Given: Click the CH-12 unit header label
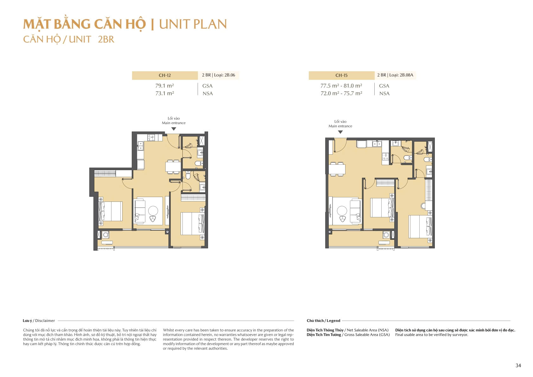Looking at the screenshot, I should pos(165,75).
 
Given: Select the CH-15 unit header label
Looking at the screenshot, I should pos(341,75).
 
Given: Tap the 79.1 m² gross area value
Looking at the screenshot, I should pos(164,86).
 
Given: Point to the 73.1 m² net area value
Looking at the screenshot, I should pos(164,93).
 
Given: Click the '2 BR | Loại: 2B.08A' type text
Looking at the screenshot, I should pos(395,75).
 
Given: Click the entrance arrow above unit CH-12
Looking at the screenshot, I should pos(174,129).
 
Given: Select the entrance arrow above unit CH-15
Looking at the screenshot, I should pos(340,132).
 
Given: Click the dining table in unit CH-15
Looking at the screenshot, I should pos(337,169).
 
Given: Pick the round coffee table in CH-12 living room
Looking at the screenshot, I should pos(153,210).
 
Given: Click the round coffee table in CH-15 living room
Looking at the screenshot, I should pos(342,210).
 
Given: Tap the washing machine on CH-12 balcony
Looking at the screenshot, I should pos(105,235).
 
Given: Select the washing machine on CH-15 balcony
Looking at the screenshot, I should pos(386,235).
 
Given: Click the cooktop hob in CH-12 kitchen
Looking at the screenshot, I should pos(151,138).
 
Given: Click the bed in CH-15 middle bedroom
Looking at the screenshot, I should pos(382,208).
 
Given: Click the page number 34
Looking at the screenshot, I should pos(518,365).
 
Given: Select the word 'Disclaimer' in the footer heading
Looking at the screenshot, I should pos(45,321).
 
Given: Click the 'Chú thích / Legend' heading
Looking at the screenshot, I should pos(323,321).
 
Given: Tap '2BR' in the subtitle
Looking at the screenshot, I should pos(106,39).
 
